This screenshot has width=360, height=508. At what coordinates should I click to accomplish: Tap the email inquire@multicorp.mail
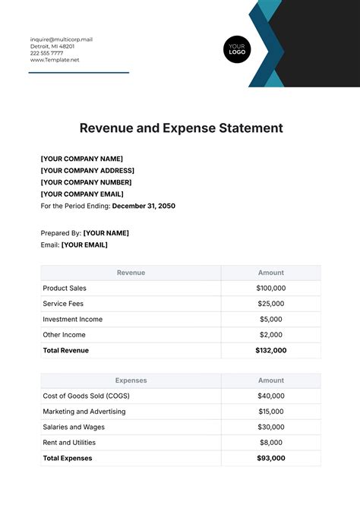click(x=61, y=39)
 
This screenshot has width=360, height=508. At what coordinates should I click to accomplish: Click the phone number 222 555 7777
click(x=48, y=53)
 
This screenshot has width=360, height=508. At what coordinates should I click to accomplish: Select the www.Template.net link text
click(x=53, y=60)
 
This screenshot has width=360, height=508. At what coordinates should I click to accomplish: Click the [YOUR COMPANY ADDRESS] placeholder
click(x=87, y=170)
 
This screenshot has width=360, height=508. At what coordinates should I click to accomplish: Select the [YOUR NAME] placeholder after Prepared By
click(x=106, y=233)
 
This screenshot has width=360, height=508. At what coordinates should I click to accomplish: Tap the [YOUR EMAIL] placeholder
click(x=84, y=245)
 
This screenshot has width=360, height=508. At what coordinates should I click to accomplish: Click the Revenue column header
click(x=130, y=273)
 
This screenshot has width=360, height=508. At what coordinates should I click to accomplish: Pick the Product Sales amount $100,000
click(x=270, y=289)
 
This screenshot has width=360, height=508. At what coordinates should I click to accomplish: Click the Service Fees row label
click(x=63, y=304)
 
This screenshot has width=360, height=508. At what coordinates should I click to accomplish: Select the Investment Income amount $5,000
click(x=270, y=320)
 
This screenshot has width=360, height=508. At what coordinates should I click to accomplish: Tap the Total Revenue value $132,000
click(x=270, y=350)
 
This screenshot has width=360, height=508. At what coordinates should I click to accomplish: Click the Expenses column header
click(x=130, y=380)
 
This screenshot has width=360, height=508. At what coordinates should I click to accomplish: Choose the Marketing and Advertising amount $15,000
click(x=270, y=412)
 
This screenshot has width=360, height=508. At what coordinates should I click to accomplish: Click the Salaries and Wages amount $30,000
click(x=270, y=427)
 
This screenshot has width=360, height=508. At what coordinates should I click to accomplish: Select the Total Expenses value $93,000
click(x=270, y=458)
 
